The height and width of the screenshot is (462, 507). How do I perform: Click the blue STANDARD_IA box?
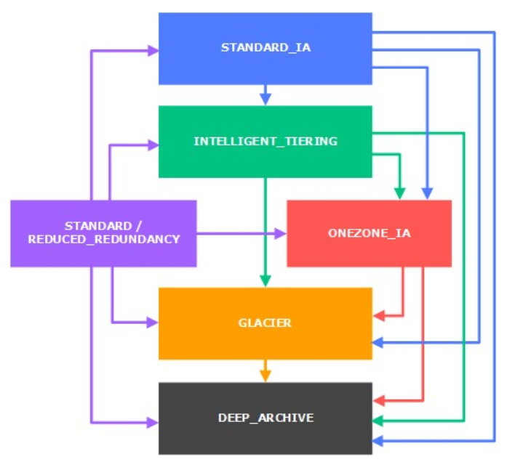266,49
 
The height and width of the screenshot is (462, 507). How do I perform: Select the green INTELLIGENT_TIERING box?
266,142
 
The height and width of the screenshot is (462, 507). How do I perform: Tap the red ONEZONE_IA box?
369,233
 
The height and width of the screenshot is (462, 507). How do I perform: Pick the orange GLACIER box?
266,323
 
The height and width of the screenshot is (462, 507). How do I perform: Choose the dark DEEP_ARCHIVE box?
266,418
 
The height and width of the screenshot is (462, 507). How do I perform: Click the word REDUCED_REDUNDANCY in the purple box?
103,239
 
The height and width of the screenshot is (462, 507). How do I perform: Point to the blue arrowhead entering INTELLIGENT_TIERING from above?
266,100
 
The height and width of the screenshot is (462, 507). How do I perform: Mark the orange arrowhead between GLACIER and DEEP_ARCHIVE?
266,376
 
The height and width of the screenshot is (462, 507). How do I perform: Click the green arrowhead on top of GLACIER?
266,281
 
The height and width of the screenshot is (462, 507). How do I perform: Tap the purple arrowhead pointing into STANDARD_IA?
153,51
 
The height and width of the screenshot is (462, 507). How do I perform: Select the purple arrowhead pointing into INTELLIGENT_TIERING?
153,145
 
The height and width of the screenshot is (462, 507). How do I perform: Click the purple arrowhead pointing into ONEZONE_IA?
281,234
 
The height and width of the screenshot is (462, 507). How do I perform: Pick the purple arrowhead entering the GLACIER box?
153,323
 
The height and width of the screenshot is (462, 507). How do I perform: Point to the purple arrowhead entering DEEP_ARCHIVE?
153,421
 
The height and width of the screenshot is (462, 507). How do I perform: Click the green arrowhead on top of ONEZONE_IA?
399,194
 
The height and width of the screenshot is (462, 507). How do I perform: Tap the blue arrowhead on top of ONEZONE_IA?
428,194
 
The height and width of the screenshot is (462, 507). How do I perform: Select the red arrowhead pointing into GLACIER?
378,316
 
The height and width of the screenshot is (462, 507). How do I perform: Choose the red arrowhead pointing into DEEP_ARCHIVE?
378,400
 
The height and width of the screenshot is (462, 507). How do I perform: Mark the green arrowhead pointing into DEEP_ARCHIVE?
378,421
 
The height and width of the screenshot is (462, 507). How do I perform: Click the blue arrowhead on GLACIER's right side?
378,342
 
